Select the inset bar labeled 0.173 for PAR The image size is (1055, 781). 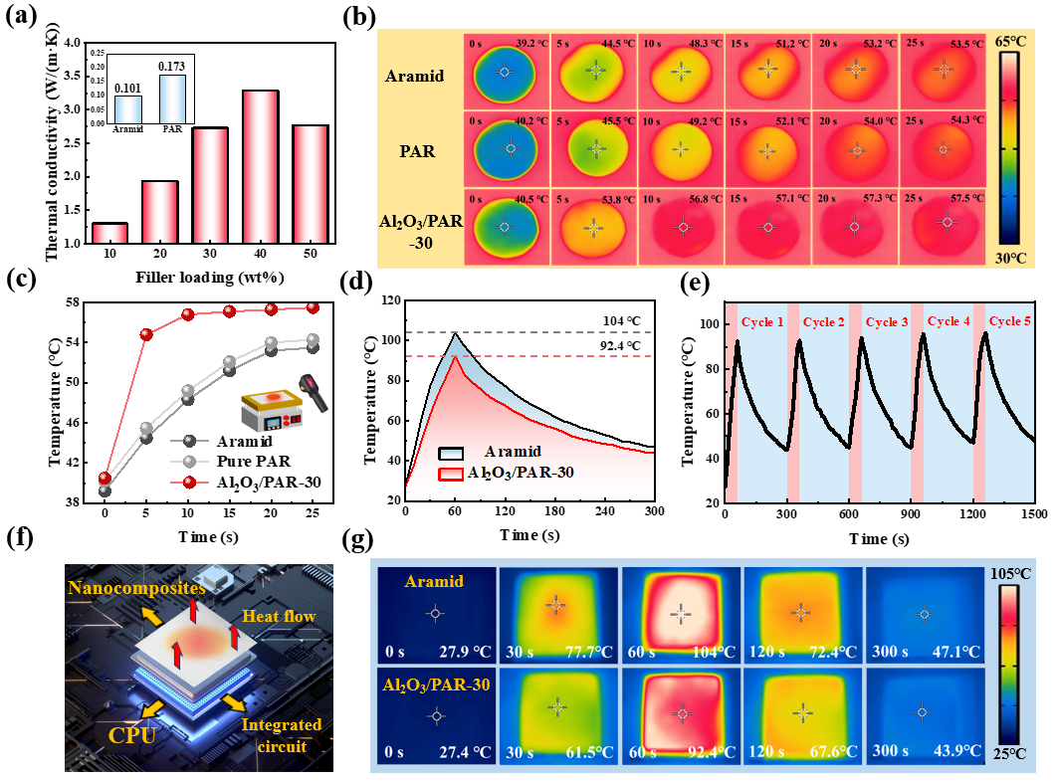click(x=171, y=98)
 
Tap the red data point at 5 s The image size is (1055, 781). click(x=146, y=334)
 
